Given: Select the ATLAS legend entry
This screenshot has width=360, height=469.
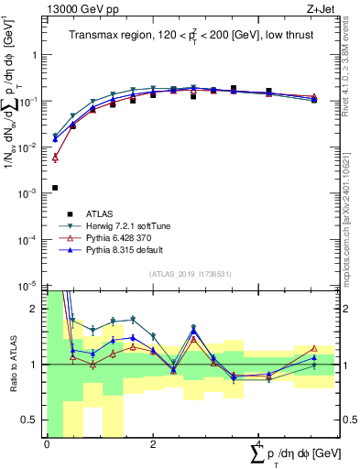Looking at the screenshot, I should tap(99, 213).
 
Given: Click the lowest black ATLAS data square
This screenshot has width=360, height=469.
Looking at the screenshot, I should tap(55, 188).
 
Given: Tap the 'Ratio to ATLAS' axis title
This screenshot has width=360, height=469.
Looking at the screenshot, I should tap(12, 365).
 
